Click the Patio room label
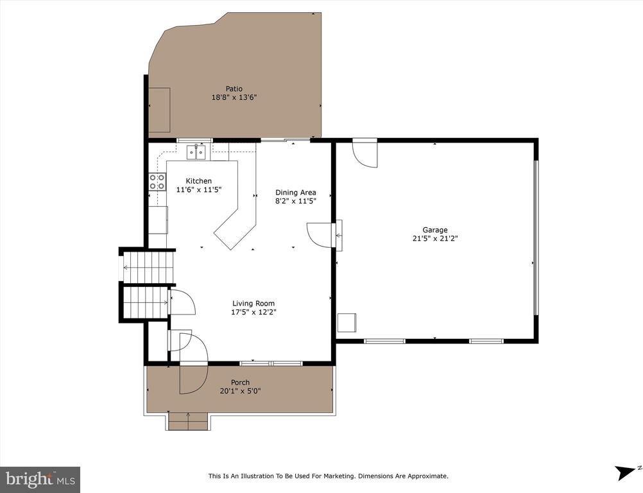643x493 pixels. coord(234,89)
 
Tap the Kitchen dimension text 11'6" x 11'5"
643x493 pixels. coord(198,189)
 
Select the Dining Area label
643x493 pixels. coord(295,192)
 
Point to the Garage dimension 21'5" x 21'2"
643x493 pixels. coord(435,238)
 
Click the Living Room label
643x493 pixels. coord(253,304)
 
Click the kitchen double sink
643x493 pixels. coord(196,152)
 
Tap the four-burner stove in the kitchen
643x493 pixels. coord(157,182)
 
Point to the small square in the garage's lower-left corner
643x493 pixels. coord(347,322)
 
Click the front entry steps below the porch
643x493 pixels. coord(187,422)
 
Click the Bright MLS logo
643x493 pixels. coord(40,479)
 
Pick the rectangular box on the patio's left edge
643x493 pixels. coord(160,110)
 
